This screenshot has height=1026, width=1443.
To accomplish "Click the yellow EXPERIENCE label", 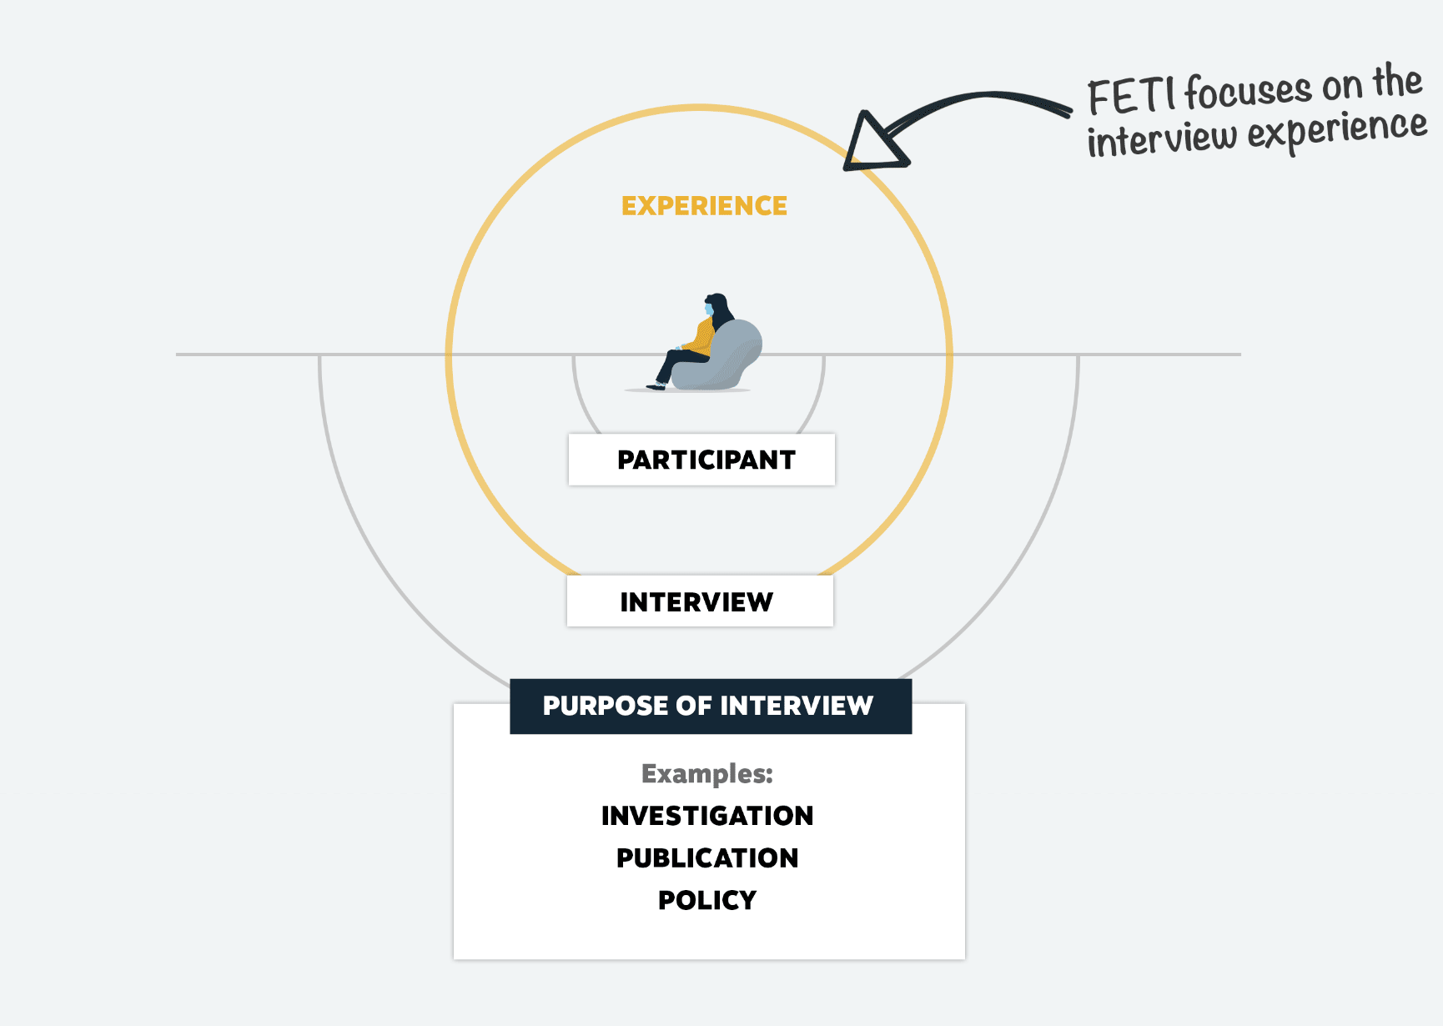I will tap(704, 206).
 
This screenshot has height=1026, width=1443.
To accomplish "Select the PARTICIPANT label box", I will tap(701, 460).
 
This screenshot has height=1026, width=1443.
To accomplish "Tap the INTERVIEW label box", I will tap(700, 601).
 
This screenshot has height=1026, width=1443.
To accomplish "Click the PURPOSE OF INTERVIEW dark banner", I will tap(711, 707).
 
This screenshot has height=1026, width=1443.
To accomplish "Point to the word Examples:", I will tap(706, 774).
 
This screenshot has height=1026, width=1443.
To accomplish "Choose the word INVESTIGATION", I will tap(706, 816).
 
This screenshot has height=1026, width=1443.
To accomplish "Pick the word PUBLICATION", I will tap(706, 858).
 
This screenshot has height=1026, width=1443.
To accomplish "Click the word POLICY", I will tap(706, 901).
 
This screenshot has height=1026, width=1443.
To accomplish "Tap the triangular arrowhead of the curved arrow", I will tap(872, 144).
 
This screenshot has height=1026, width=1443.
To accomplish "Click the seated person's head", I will tap(715, 304).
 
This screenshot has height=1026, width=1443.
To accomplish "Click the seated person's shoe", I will tap(656, 386).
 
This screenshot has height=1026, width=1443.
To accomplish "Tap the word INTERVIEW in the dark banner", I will tap(796, 707).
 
